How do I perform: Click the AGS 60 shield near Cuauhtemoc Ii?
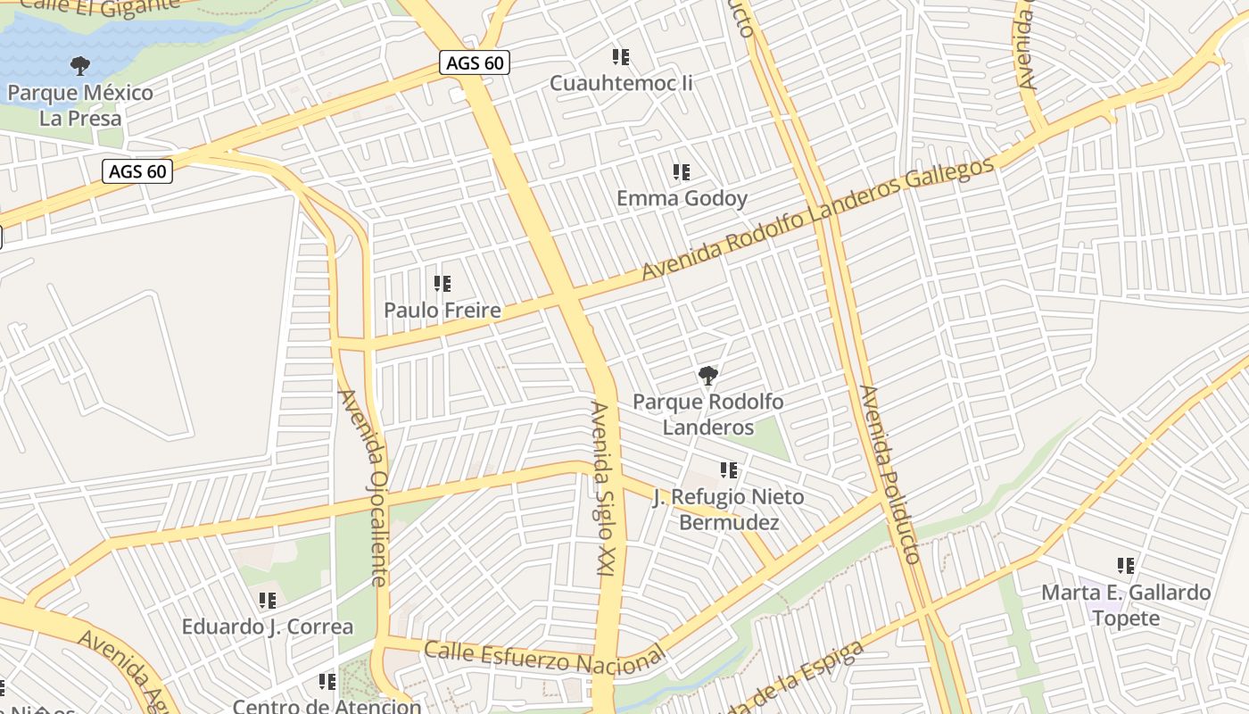(x=474, y=63)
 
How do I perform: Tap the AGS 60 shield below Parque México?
(x=137, y=170)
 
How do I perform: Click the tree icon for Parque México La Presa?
(x=80, y=65)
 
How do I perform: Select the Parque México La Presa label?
(x=80, y=104)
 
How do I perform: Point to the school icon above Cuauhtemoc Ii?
(x=621, y=57)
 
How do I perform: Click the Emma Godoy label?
(x=682, y=198)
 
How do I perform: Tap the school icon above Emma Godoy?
(x=682, y=171)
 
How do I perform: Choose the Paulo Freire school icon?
(x=443, y=284)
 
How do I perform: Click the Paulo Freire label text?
(x=443, y=311)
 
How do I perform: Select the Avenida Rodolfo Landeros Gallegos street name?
(x=816, y=219)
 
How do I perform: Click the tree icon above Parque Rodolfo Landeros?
(x=708, y=375)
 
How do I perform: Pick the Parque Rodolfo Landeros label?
(x=708, y=414)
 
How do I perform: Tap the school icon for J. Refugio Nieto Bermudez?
(x=729, y=469)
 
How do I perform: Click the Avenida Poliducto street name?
(x=889, y=474)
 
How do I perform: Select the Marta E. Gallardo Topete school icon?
(x=1126, y=565)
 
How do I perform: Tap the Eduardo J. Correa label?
(x=268, y=627)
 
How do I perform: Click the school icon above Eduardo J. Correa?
(x=268, y=601)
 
